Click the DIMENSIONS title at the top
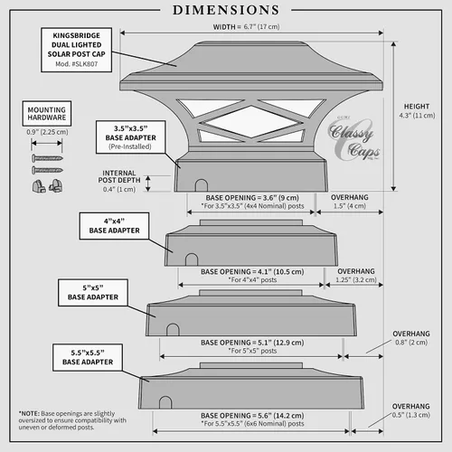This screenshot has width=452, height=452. tap(226, 10)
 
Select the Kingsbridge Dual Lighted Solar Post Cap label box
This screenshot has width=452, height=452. tap(77, 50)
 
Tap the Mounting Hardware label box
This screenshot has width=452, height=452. tap(47, 113)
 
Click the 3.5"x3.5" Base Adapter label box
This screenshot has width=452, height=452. tap(130, 137)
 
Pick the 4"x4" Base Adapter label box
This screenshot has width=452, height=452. tap(114, 226)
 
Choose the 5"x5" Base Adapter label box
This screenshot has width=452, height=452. tap(93, 293)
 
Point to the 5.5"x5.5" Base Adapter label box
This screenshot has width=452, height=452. tap(88, 357)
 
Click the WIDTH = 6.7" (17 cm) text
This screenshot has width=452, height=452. tap(246, 27)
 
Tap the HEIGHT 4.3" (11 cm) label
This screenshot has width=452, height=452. tap(417, 111)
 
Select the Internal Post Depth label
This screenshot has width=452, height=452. tap(119, 181)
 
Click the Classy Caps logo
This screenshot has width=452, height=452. tap(353, 138)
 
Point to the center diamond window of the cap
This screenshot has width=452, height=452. tap(251, 122)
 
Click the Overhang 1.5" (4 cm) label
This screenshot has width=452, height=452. tap(350, 202)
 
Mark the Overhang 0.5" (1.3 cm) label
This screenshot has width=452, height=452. tap(411, 410)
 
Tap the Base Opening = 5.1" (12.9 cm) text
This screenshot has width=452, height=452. tap(252, 343)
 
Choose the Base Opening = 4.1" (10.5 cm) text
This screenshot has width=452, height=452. tap(252, 272)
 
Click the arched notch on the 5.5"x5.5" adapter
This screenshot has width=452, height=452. tap(165, 402)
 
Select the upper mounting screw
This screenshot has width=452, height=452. tap(47, 158)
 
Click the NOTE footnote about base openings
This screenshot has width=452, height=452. tap(72, 420)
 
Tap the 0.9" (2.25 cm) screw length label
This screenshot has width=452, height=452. tap(47, 132)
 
